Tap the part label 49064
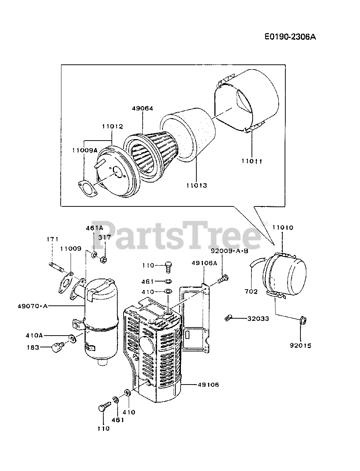pyautogui.click(x=143, y=108)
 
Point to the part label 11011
pyautogui.click(x=252, y=161)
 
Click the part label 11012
pyautogui.click(x=113, y=126)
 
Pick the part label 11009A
pyautogui.click(x=85, y=150)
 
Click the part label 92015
pyautogui.click(x=300, y=346)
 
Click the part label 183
pyautogui.click(x=33, y=347)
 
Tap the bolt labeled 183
pyautogui.click(x=57, y=346)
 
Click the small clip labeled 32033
pyautogui.click(x=228, y=316)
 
